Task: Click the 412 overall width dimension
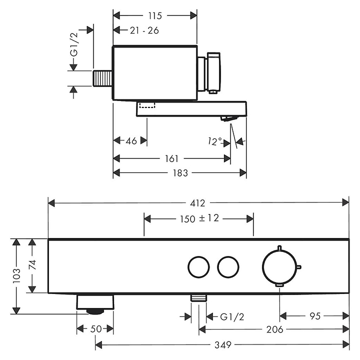click(197, 202)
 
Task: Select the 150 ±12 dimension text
click(199, 218)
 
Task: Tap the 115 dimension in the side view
click(155, 15)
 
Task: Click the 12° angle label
click(216, 141)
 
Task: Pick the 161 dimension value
click(171, 159)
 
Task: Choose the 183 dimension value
click(180, 172)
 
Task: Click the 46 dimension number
click(130, 141)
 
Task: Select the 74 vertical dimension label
click(32, 265)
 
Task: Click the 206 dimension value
click(274, 329)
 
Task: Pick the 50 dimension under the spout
click(95, 328)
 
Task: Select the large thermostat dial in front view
click(279, 266)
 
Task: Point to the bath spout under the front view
click(95, 304)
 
